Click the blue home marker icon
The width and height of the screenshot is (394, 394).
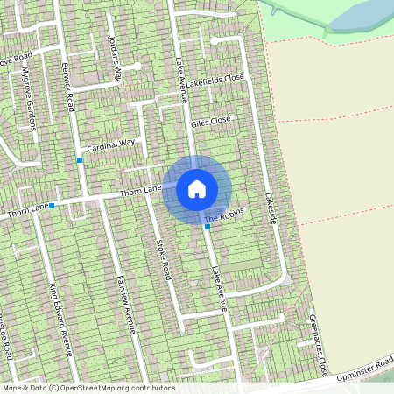point(197,189)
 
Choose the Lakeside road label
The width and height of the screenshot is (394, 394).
point(271,208)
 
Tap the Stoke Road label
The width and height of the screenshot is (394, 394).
point(163,257)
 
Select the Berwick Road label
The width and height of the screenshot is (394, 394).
point(69,81)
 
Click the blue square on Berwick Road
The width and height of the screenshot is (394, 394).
point(80,160)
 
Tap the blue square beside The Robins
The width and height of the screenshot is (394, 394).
point(207,227)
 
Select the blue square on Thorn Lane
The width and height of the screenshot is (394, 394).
point(52,206)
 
